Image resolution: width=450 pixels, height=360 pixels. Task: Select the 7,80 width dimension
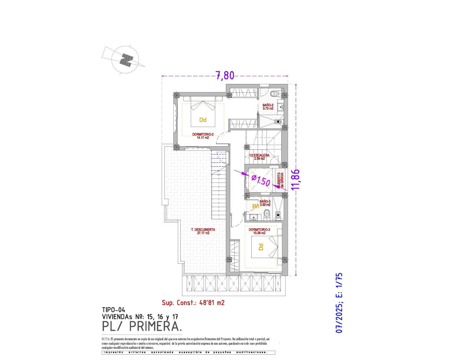click(x=225, y=76)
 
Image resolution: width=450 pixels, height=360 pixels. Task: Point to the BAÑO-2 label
click(x=268, y=107)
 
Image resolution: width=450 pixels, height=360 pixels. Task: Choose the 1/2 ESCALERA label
click(x=259, y=157)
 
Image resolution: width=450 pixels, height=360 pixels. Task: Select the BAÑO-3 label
click(x=265, y=203)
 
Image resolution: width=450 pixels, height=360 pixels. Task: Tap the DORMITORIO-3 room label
click(x=259, y=231)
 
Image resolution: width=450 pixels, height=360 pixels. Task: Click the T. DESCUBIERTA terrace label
click(x=203, y=231)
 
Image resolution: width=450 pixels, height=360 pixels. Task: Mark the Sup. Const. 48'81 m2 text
click(x=193, y=302)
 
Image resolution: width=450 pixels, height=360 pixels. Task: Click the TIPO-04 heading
click(x=114, y=310)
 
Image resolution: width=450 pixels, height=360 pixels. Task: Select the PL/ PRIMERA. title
click(x=142, y=326)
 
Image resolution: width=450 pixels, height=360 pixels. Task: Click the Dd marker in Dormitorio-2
click(x=203, y=120)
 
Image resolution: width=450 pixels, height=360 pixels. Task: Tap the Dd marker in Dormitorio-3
click(x=261, y=247)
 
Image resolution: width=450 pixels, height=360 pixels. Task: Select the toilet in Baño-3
click(x=267, y=213)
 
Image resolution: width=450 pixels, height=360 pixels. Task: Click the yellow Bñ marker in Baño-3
click(x=256, y=206)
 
